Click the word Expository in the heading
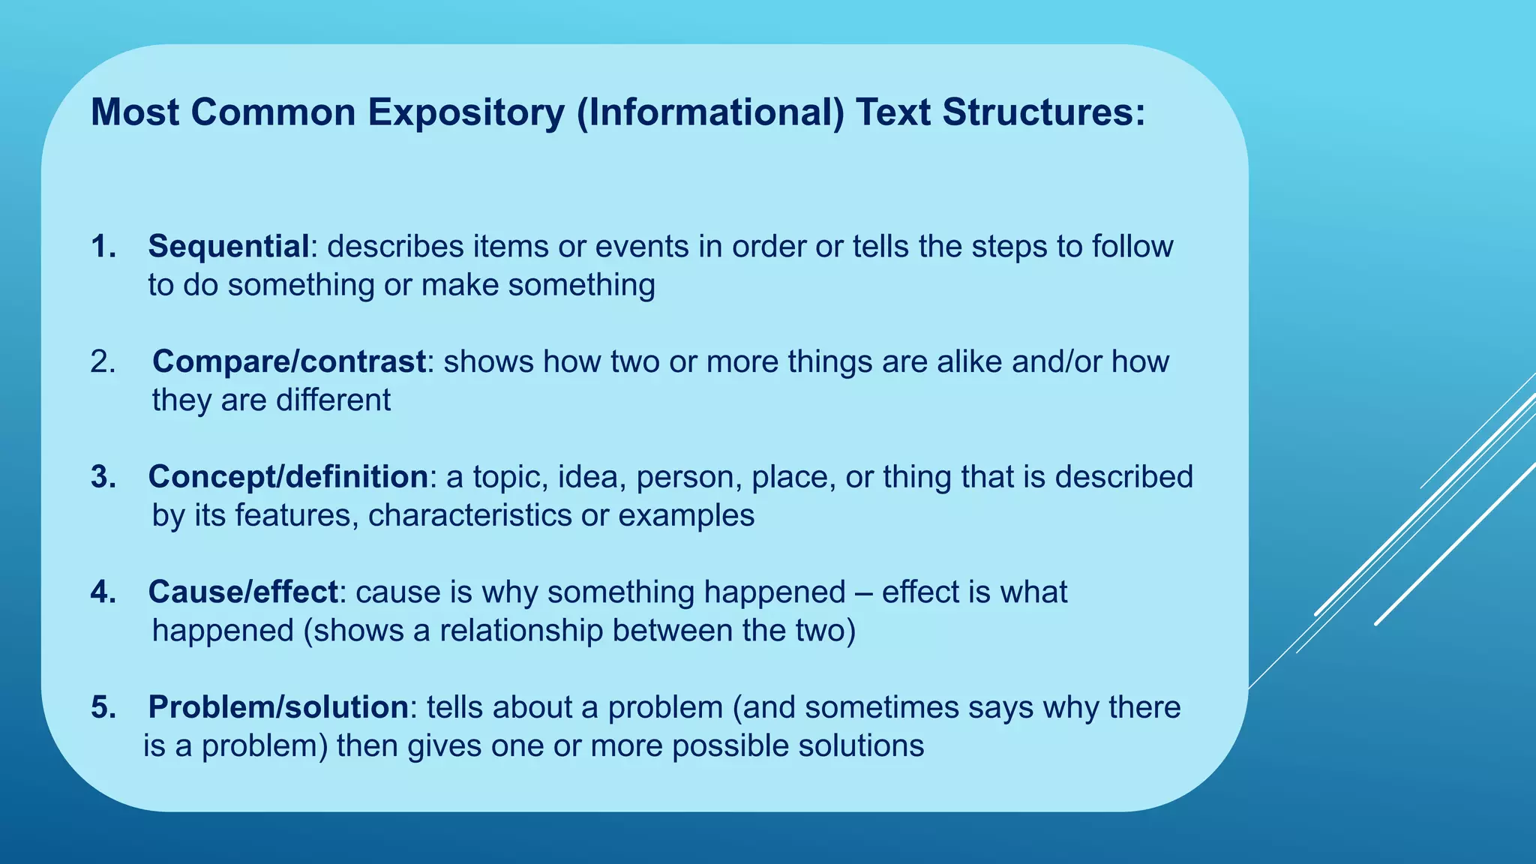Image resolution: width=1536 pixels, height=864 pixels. coord(465,113)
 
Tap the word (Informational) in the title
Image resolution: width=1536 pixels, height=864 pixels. coord(711,113)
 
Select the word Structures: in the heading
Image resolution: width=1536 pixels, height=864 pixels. coord(1044,113)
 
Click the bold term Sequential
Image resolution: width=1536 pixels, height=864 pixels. coord(229,247)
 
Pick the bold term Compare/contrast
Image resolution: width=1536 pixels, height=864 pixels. coord(289,362)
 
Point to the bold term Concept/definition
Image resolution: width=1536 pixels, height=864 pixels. coord(288,477)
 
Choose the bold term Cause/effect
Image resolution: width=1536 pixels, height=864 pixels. coord(243,592)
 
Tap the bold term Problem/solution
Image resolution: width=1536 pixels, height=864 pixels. coord(278,707)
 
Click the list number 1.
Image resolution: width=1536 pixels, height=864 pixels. coord(103,247)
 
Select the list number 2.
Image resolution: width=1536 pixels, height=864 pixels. coord(103,362)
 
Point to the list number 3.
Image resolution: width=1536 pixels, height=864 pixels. coord(103,477)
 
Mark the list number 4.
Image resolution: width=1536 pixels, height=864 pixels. coord(103,592)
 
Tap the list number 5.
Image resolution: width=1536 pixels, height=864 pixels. coord(103,707)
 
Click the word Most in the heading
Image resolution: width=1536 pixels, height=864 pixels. coord(135,113)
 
